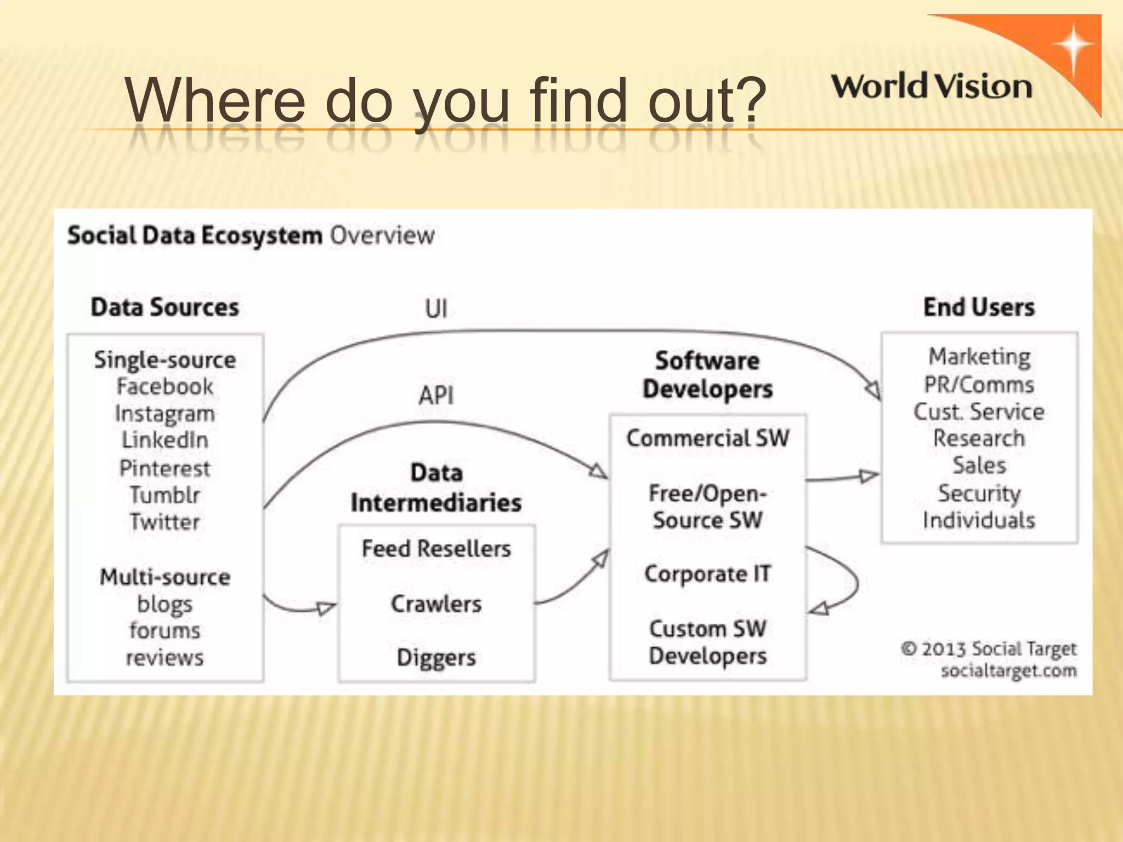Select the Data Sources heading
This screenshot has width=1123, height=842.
[165, 307]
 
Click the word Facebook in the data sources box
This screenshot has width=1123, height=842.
[165, 387]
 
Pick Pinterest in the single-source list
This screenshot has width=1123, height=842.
[165, 469]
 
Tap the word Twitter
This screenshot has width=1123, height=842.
[165, 522]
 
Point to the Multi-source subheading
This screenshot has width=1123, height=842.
[165, 577]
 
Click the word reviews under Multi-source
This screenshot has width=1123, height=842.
[165, 657]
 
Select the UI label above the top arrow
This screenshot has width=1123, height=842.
[436, 309]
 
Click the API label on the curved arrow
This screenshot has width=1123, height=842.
[436, 395]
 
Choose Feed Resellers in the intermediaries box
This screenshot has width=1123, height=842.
[436, 549]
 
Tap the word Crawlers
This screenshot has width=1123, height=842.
[436, 604]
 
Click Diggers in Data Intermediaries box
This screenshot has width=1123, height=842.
[436, 657]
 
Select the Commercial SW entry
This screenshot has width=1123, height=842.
[707, 438]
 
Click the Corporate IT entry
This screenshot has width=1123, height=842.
[707, 574]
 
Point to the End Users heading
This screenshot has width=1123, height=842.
[979, 307]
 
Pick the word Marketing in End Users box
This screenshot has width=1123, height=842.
[979, 357]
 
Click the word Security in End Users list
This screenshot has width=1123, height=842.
[979, 493]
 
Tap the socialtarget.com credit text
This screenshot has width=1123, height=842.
[1008, 670]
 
